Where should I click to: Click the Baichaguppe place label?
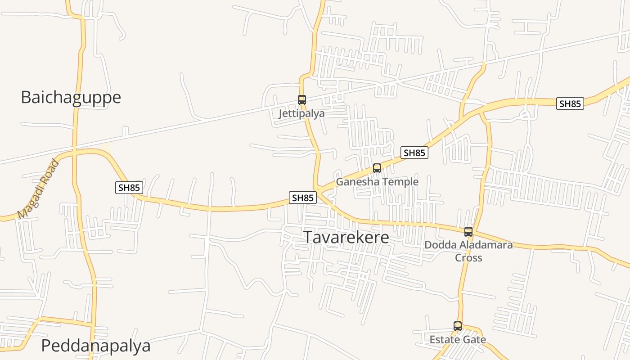coord(71,97)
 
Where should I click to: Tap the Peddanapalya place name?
coord(96,346)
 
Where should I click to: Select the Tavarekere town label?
coord(346,237)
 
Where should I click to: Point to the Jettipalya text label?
coord(301,113)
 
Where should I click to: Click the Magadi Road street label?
coord(38,189)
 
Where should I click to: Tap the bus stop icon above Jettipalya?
coord(301,100)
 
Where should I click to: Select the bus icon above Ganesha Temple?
coord(377,168)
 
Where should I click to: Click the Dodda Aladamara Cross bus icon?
coord(468,232)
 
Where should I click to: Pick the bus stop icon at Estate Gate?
coord(458,326)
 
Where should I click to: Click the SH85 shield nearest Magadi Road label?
coord(129,188)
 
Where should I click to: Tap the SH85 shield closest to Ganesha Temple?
coord(414,153)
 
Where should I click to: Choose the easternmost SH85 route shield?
coord(570,103)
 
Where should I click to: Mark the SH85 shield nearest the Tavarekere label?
coord(302,198)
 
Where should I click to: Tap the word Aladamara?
coord(485,245)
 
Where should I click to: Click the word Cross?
coord(468,258)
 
